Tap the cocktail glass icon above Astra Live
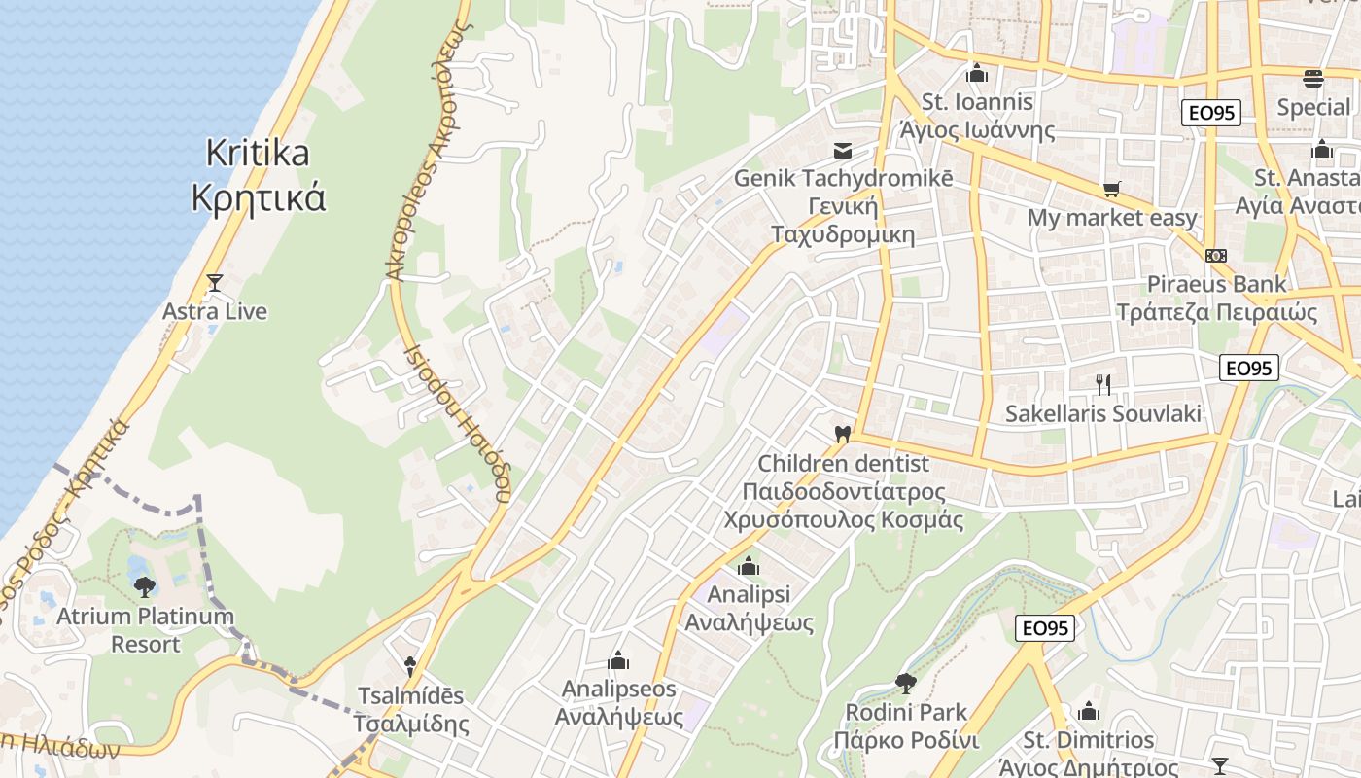[215, 283]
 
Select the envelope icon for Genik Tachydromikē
[843, 151]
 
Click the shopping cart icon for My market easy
[1112, 189]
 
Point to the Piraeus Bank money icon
[1216, 255]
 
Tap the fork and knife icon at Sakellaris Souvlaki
[1103, 384]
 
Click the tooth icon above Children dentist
[843, 434]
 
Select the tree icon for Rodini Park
[906, 683]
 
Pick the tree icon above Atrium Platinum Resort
[145, 586]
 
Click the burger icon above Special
[1313, 78]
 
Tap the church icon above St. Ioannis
[977, 73]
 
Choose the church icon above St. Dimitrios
[1090, 711]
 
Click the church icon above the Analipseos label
[618, 661]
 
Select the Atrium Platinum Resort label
[145, 629]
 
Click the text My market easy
[1112, 218]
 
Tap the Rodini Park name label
[906, 712]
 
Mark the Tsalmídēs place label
[411, 710]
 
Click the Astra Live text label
[215, 311]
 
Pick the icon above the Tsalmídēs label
[411, 666]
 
